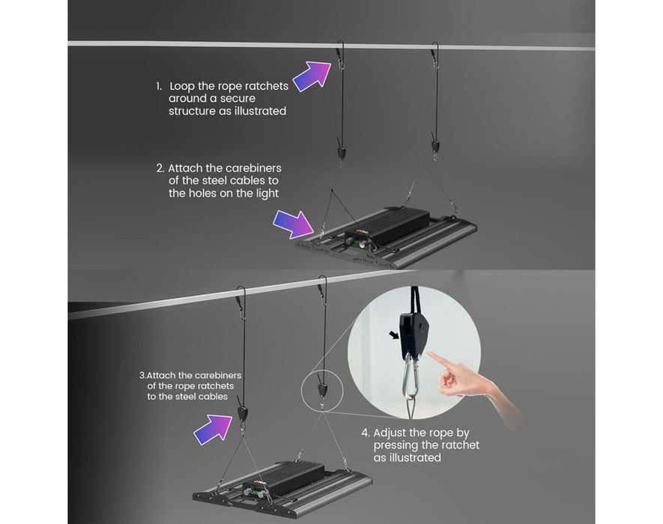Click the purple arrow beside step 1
(311, 76)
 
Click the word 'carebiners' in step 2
(255, 168)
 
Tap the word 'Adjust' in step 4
(391, 433)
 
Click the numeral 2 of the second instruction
(160, 168)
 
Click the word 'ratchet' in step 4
(458, 445)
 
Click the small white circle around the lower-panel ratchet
(321, 387)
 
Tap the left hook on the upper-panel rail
(341, 55)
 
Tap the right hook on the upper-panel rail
(435, 55)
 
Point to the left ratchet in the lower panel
(241, 412)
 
